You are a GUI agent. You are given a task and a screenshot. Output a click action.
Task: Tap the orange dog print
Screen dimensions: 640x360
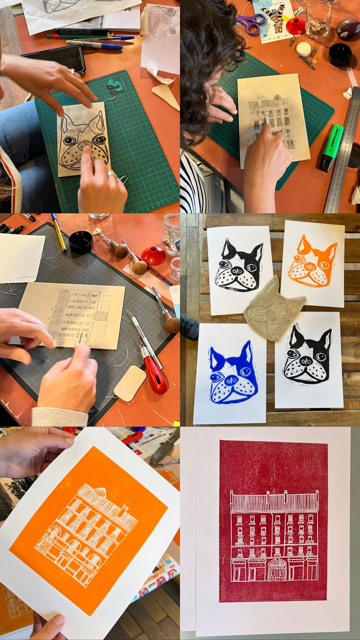tap(312, 263)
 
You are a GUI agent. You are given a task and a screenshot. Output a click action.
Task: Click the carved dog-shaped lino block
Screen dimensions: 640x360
tap(275, 308)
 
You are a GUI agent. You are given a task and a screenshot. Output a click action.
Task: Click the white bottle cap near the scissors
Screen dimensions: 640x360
tap(303, 48)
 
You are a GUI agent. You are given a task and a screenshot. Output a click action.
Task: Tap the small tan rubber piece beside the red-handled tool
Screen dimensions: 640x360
tap(129, 384)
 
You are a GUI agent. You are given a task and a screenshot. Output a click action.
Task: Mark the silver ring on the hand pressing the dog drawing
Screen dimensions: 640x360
tap(112, 175)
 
